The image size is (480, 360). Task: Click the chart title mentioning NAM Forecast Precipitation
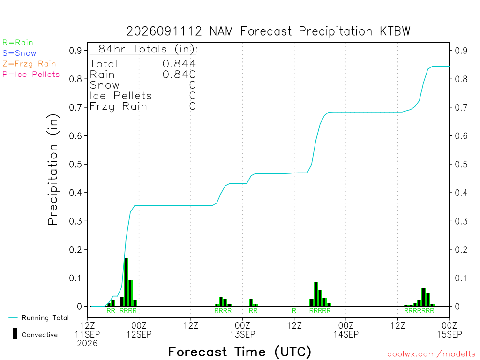(x=268, y=31)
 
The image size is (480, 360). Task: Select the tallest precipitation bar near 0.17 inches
(x=126, y=282)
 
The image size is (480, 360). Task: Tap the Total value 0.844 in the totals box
(x=179, y=64)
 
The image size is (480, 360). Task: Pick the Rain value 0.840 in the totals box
(x=179, y=75)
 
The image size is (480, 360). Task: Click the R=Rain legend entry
(x=17, y=43)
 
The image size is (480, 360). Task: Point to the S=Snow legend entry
(x=19, y=53)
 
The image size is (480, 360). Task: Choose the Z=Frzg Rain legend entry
(x=29, y=64)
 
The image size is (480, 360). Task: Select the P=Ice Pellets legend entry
(x=31, y=75)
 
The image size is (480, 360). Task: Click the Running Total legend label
(x=45, y=318)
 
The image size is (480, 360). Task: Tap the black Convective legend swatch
(x=15, y=333)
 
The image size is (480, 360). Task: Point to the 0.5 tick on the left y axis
(x=75, y=165)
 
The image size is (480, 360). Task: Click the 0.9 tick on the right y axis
(x=461, y=51)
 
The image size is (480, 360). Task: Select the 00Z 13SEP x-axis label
(x=242, y=330)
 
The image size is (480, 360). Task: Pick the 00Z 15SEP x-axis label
(x=450, y=330)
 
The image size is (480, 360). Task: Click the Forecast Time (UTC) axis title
(x=240, y=352)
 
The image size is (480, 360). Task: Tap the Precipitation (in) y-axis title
(x=52, y=170)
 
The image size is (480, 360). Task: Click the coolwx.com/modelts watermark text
(x=431, y=354)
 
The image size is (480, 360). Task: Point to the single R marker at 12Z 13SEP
(x=294, y=311)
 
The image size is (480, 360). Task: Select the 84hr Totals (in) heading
(x=148, y=49)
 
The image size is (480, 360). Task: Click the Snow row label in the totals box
(x=105, y=85)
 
